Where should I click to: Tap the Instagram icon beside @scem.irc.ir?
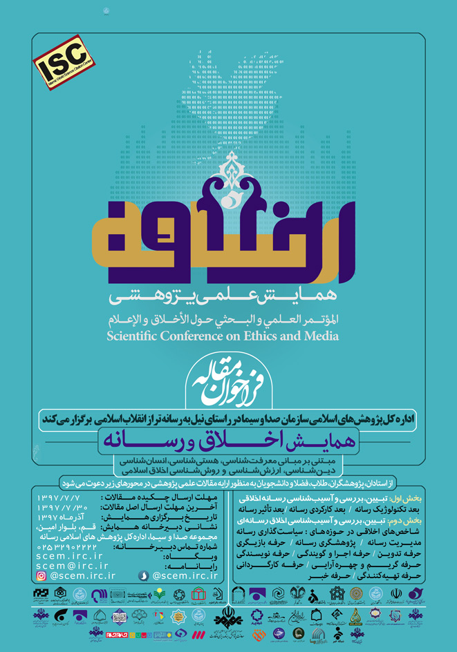[x=41, y=575]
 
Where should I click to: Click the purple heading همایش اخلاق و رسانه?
[x=227, y=439]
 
